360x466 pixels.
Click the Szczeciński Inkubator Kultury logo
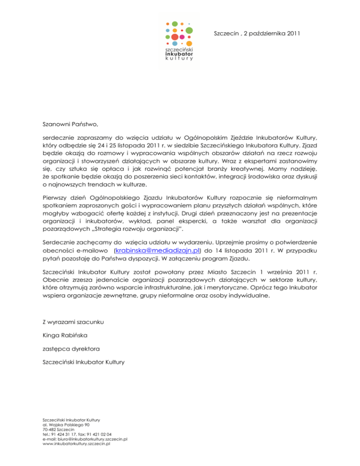click(180, 41)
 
